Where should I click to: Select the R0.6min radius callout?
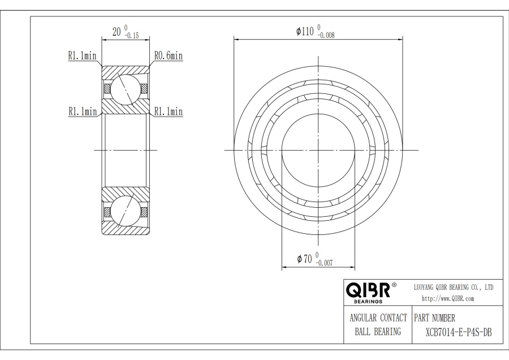click(x=169, y=56)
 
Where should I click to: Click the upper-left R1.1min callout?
click(x=82, y=56)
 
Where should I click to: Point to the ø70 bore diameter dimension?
click(x=305, y=259)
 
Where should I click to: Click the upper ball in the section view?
click(x=125, y=88)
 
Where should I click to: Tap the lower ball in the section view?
click(x=125, y=212)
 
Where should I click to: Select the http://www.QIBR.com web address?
click(x=448, y=298)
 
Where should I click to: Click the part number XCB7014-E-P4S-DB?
click(x=458, y=332)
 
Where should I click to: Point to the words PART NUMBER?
click(x=435, y=318)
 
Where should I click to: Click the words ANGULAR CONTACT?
click(x=378, y=318)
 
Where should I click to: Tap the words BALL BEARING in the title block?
click(x=378, y=332)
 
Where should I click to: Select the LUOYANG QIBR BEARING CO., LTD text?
click(x=454, y=288)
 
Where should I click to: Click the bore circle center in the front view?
click(x=318, y=150)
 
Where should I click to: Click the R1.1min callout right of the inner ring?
click(x=169, y=112)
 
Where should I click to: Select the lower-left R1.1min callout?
click(x=82, y=112)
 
